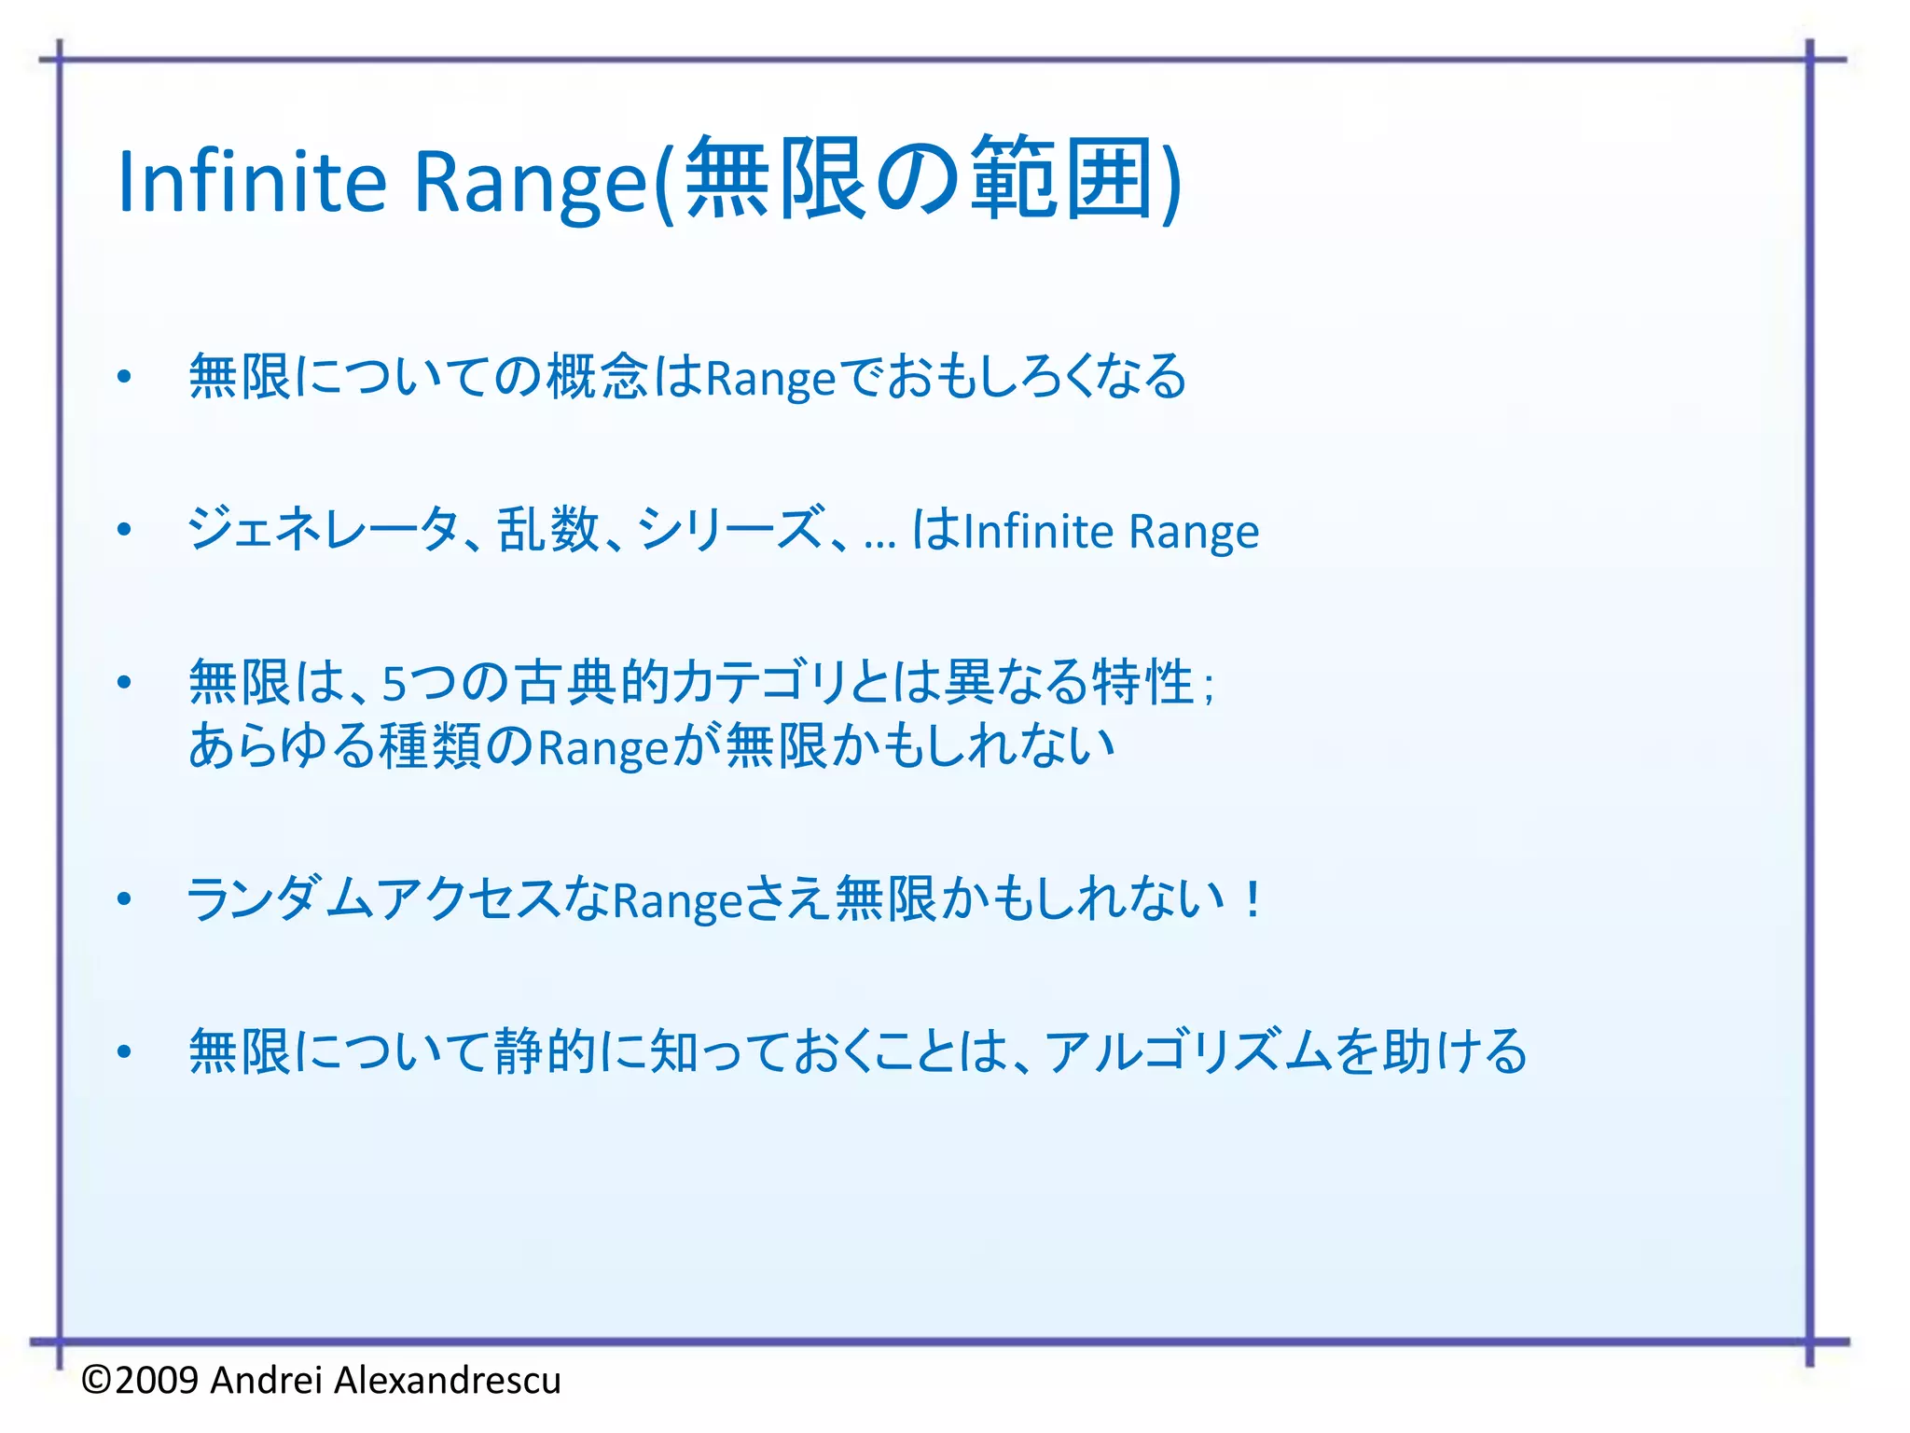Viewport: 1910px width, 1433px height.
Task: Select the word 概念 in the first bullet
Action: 597,377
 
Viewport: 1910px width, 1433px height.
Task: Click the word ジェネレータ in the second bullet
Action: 322,530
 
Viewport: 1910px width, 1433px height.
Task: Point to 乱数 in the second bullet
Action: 547,530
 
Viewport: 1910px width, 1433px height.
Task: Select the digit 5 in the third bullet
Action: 394,684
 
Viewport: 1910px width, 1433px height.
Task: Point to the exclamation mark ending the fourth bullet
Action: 1253,899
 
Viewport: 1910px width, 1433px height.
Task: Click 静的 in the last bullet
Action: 546,1052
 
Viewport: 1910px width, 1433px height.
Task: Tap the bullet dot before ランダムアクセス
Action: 124,900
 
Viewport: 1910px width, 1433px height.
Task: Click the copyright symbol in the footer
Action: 97,1380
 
